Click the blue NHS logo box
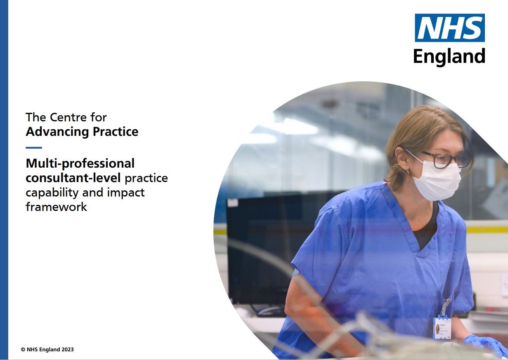click(x=449, y=28)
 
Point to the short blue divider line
click(x=34, y=147)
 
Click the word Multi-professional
click(x=80, y=163)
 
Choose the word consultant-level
click(x=73, y=178)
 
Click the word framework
click(x=57, y=206)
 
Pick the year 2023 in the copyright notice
click(x=68, y=350)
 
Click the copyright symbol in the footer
click(x=23, y=350)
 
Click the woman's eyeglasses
click(x=446, y=159)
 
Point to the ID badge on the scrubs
click(x=442, y=327)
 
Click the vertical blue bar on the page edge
click(x=4, y=180)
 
